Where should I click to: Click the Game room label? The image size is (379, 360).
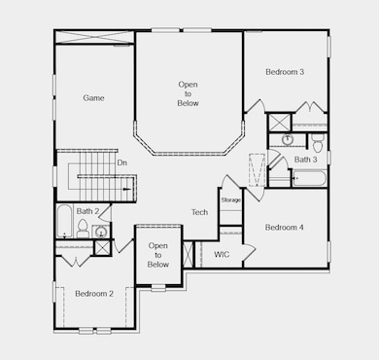pyautogui.click(x=94, y=97)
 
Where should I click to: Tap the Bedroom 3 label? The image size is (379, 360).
pyautogui.click(x=286, y=71)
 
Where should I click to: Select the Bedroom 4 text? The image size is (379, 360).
pyautogui.click(x=285, y=227)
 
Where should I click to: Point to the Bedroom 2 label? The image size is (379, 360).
pyautogui.click(x=94, y=293)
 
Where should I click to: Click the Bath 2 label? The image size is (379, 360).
pyautogui.click(x=88, y=210)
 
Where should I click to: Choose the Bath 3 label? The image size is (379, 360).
pyautogui.click(x=305, y=160)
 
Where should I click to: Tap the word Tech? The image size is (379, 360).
pyautogui.click(x=199, y=212)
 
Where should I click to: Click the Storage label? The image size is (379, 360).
pyautogui.click(x=230, y=200)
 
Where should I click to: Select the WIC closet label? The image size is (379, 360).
pyautogui.click(x=222, y=255)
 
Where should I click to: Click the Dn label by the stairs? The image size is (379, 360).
pyautogui.click(x=122, y=162)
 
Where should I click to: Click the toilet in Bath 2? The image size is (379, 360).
pyautogui.click(x=84, y=230)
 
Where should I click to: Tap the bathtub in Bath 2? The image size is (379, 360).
pyautogui.click(x=64, y=222)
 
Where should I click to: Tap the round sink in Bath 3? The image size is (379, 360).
pyautogui.click(x=289, y=140)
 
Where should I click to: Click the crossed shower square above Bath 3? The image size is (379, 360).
pyautogui.click(x=279, y=123)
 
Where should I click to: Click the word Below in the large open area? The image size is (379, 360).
pyautogui.click(x=189, y=102)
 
